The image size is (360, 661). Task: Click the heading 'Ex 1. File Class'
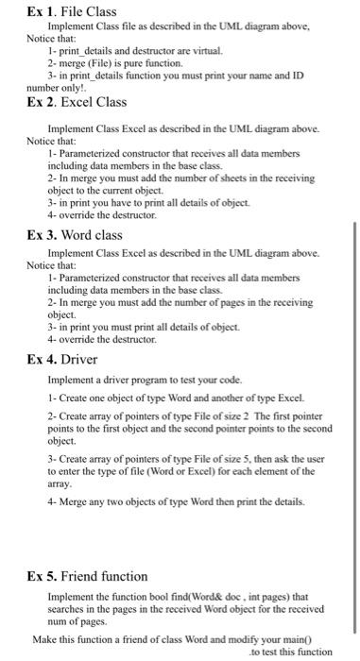[70, 12]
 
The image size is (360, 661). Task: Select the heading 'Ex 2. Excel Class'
[75, 102]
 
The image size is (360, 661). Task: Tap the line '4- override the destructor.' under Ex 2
[104, 215]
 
